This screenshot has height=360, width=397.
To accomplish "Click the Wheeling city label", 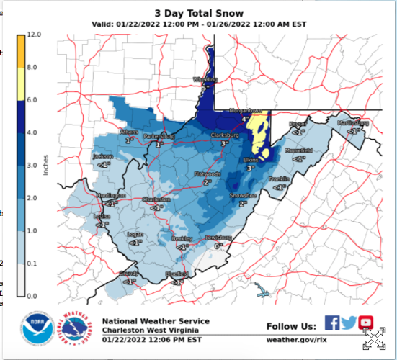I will [x=204, y=79].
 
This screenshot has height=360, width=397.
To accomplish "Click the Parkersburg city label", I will [x=159, y=135].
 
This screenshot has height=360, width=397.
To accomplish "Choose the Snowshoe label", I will [x=243, y=195].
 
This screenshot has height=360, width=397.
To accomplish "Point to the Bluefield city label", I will [x=177, y=274].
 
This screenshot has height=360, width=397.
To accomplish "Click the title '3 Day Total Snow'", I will [x=199, y=13].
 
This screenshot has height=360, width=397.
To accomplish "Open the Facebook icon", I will [x=332, y=323].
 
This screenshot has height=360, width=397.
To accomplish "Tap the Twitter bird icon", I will [x=349, y=323].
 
